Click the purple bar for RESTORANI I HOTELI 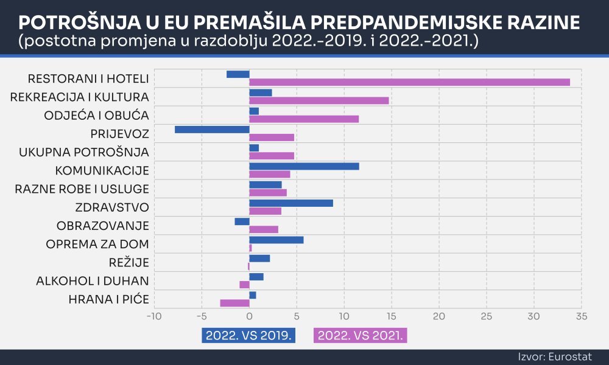pyautogui.click(x=409, y=82)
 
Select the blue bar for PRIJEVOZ pyautogui.click(x=212, y=130)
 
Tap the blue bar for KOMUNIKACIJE pyautogui.click(x=304, y=166)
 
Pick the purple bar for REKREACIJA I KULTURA pyautogui.click(x=319, y=100)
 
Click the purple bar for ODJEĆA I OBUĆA pyautogui.click(x=304, y=119)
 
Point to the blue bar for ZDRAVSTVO pyautogui.click(x=291, y=203)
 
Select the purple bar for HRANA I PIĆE pyautogui.click(x=234, y=303)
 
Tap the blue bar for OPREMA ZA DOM pyautogui.click(x=276, y=240)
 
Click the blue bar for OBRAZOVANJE pyautogui.click(x=242, y=221)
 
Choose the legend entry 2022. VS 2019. pyautogui.click(x=248, y=335)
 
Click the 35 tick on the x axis pyautogui.click(x=582, y=316)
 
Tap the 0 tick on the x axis pyautogui.click(x=249, y=316)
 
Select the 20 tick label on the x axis pyautogui.click(x=439, y=316)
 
